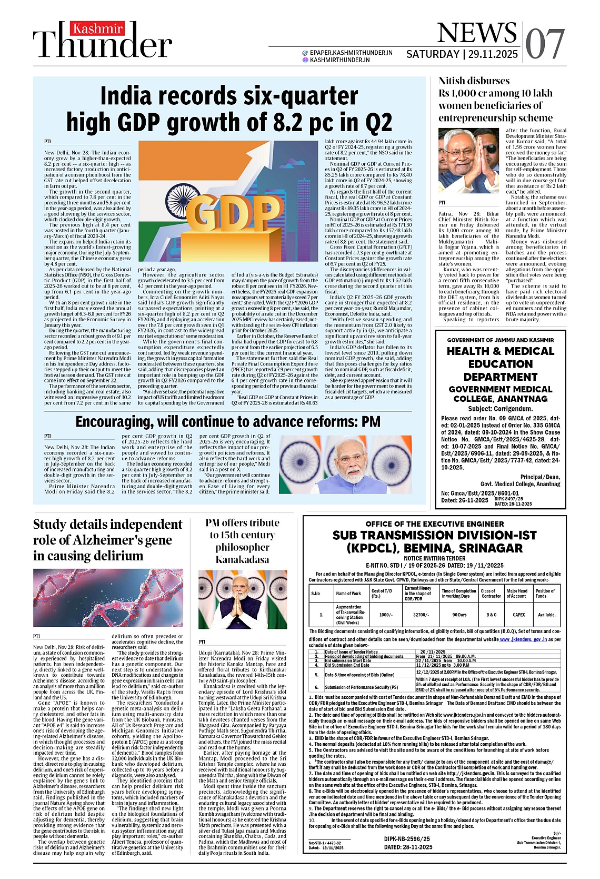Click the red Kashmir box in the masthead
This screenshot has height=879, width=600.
[97, 29]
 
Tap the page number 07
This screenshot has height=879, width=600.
[545, 43]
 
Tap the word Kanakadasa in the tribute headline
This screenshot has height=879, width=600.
[242, 559]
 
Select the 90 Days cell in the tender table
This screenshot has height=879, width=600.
[459, 615]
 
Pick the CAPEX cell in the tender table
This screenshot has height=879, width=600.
[518, 615]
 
